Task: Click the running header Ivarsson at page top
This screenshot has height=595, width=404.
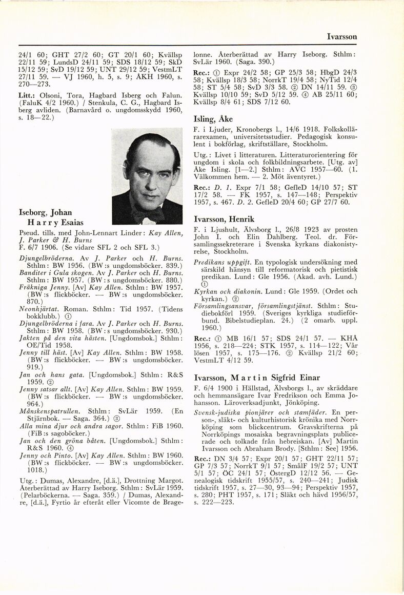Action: tap(342, 37)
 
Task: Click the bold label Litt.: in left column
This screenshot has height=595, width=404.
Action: tap(26, 96)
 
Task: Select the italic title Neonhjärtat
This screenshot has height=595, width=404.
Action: tap(39, 310)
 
